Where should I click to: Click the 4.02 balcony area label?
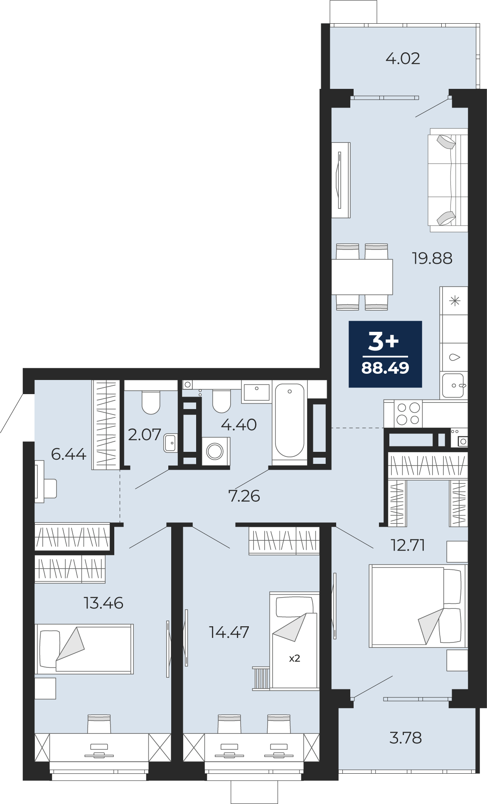[x=403, y=59]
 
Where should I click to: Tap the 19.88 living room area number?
[x=432, y=258]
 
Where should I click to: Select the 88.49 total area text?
[x=385, y=368]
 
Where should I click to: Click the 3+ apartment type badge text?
[x=383, y=342]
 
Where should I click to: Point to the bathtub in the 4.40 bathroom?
[x=290, y=420]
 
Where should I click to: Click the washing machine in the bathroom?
[x=216, y=451]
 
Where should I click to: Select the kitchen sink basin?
[x=453, y=386]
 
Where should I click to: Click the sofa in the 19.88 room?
[x=448, y=180]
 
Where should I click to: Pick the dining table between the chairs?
[x=362, y=277]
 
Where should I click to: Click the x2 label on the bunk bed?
[x=295, y=658]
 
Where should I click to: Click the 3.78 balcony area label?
[x=406, y=738]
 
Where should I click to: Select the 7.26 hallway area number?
[x=244, y=496]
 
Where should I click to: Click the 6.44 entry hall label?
[x=69, y=454]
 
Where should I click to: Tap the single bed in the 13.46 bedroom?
[x=84, y=649]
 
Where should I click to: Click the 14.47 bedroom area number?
[x=229, y=632]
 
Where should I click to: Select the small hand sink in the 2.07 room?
[x=170, y=443]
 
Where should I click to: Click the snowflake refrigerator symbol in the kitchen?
[x=455, y=301]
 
